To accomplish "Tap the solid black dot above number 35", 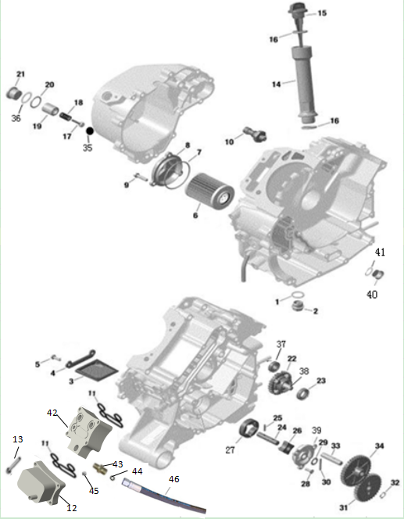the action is pyautogui.click(x=90, y=131).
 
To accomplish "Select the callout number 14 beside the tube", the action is pyautogui.click(x=276, y=84).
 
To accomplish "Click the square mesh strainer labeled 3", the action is pyautogui.click(x=97, y=369).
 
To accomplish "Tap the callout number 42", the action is pyautogui.click(x=52, y=413).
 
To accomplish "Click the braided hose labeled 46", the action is pyautogui.click(x=164, y=496).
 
